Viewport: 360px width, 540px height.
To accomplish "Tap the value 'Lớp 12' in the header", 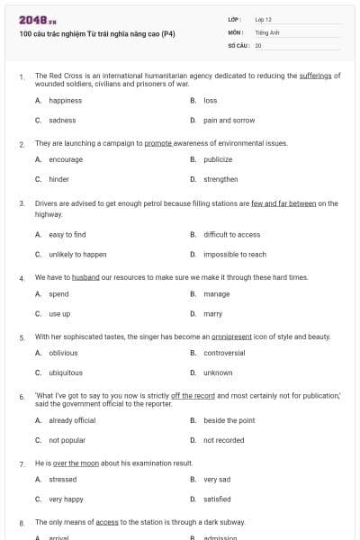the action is pos(263,18).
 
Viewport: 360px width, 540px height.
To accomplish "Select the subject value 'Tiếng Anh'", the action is pos(268,31).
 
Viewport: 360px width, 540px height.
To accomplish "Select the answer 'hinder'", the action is pos(58,179).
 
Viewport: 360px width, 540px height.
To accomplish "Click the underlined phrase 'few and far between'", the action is pos(283,203).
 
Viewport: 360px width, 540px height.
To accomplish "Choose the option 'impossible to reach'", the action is pos(234,255).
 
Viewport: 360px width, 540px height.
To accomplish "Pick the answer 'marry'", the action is pos(212,314).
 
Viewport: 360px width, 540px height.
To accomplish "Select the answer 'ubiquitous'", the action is pos(66,373).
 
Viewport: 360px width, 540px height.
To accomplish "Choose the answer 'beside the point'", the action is pos(229,420).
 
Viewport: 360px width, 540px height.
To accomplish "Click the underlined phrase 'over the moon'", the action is pos(71,463).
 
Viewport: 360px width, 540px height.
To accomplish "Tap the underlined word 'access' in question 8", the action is pos(107,522).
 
